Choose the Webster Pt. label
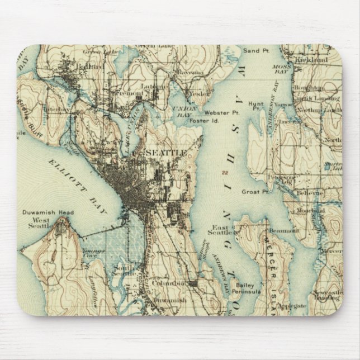click(214, 112)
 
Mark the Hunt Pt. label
click(257, 106)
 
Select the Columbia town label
click(168, 283)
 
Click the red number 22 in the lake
click(224, 173)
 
